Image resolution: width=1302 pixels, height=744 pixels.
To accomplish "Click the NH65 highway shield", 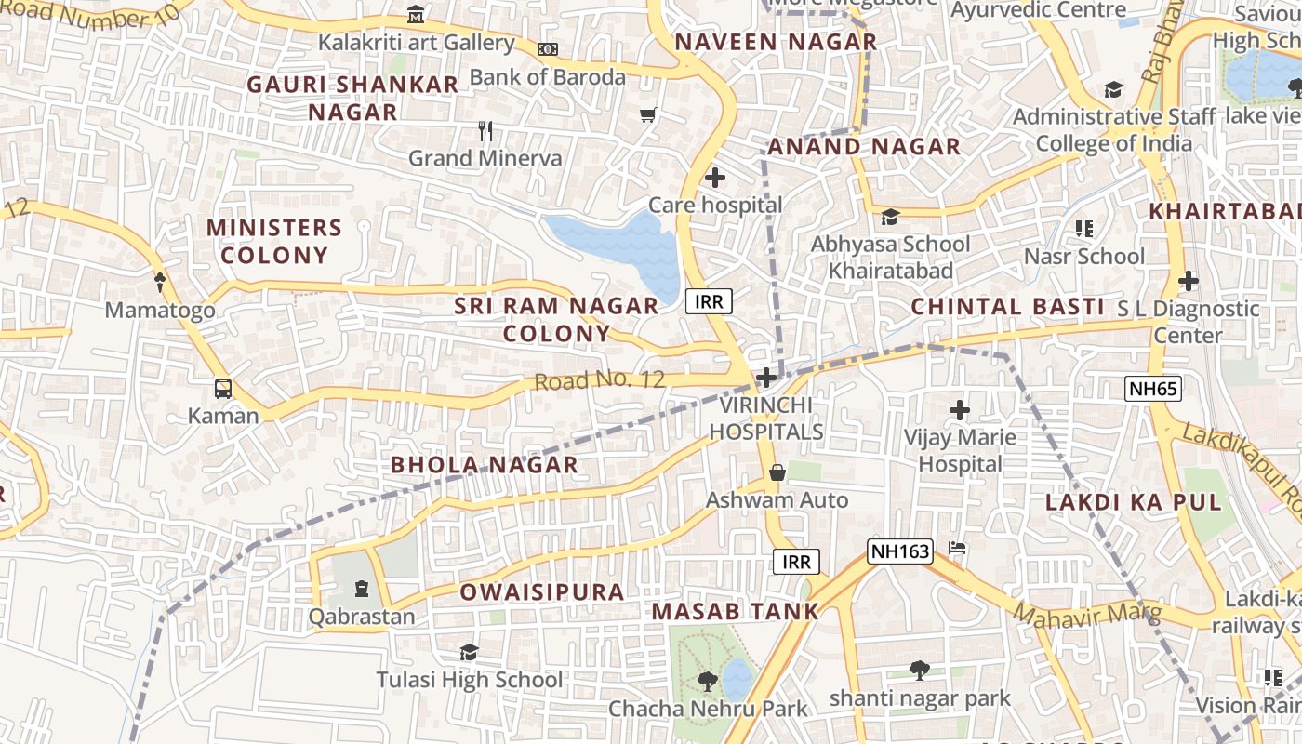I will (x=1152, y=389).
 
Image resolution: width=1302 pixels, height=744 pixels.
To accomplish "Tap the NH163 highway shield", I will (x=900, y=551).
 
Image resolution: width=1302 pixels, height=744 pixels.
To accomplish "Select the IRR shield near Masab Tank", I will (x=796, y=562).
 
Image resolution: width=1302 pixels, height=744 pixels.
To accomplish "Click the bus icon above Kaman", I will (x=223, y=389).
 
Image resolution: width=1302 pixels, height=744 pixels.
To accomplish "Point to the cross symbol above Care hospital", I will (x=715, y=178).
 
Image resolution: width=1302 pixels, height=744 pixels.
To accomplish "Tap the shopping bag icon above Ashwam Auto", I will (x=777, y=473).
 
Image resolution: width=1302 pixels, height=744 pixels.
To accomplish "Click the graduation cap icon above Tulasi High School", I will (x=469, y=653).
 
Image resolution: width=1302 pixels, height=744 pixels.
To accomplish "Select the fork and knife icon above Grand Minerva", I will (x=485, y=131).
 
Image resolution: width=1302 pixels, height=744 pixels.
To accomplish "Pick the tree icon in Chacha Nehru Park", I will (x=707, y=682).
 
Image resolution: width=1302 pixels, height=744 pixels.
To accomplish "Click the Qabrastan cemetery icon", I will (x=361, y=589).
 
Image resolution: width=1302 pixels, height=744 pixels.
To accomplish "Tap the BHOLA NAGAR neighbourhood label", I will (x=484, y=464).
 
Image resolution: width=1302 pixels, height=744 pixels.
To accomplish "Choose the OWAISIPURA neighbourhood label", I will (x=541, y=592).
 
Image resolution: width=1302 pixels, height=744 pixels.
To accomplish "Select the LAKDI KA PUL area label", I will (x=1133, y=502).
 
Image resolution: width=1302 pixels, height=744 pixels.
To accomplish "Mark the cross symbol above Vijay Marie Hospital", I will (x=959, y=410).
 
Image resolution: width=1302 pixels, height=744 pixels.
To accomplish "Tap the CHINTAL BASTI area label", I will (x=1006, y=306).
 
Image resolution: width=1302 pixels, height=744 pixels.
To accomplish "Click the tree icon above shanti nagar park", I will (x=919, y=670).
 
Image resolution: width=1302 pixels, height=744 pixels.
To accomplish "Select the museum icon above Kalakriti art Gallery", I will (x=416, y=16).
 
